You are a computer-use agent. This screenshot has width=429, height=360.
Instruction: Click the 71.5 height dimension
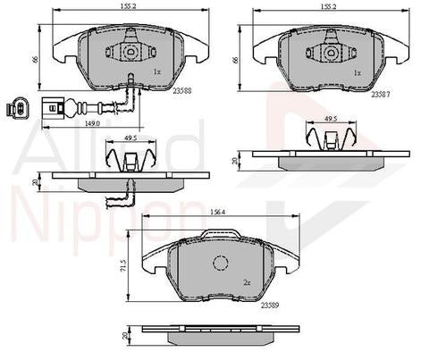(x=125, y=266)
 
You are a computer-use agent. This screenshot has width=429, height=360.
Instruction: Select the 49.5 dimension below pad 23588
(x=130, y=139)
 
